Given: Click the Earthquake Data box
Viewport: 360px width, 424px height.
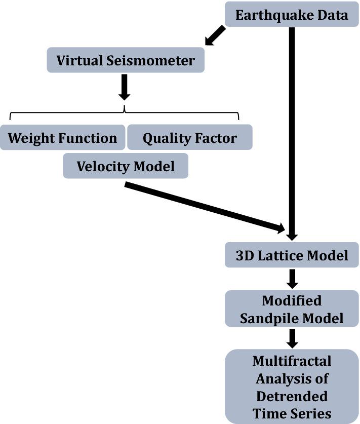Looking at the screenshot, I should (292, 15).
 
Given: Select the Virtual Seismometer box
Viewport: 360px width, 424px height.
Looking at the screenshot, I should (126, 60).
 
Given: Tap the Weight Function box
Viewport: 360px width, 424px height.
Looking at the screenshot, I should (62, 138).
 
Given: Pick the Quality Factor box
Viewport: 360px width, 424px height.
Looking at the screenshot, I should (189, 138).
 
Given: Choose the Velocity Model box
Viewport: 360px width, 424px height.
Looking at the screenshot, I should (126, 166).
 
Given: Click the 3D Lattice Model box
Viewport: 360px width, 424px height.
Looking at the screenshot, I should (292, 255).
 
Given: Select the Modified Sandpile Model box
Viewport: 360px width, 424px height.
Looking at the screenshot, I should (292, 309).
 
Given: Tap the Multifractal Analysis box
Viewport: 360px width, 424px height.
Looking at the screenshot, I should (292, 386).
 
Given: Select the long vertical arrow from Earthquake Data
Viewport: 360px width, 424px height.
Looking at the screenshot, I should (292, 127).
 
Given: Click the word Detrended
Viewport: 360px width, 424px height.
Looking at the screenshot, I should (292, 395).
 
